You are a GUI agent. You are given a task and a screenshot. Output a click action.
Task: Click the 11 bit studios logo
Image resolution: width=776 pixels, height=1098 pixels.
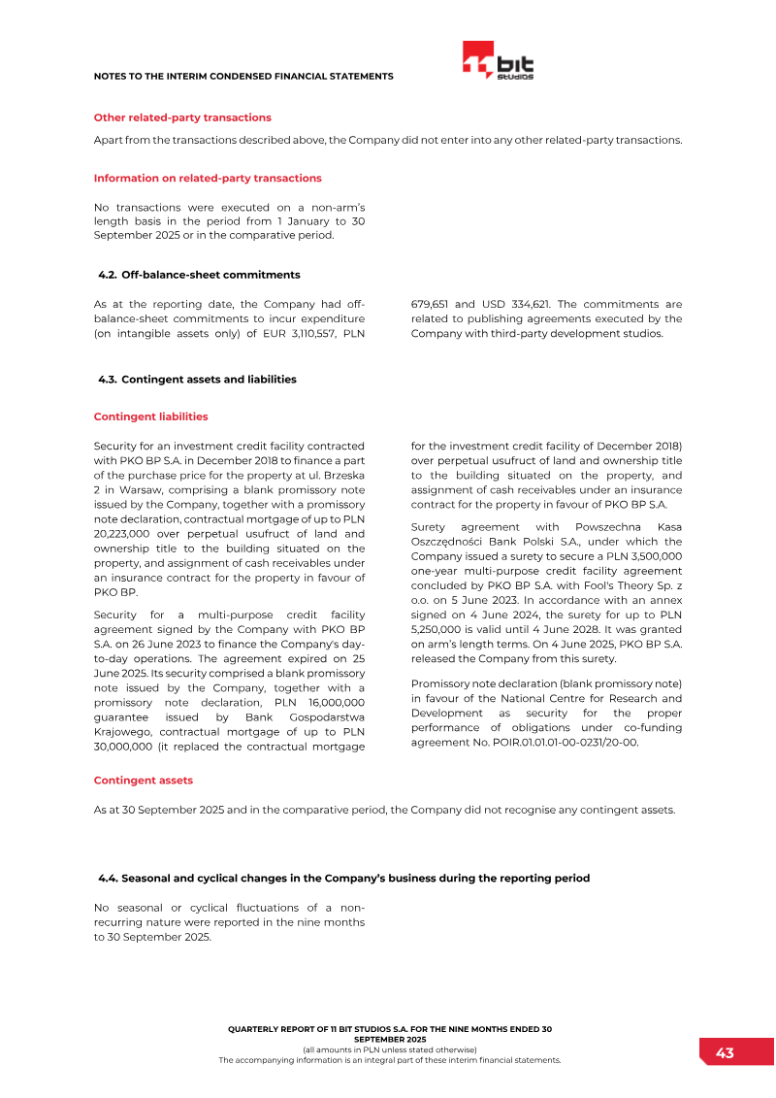coord(498,61)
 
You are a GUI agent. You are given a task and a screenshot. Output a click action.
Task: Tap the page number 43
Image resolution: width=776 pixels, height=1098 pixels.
coord(725,1052)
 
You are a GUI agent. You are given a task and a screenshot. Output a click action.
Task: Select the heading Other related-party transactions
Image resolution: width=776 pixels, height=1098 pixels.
coord(182,117)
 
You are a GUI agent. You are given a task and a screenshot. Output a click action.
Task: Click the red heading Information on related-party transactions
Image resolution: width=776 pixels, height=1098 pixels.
coord(208,179)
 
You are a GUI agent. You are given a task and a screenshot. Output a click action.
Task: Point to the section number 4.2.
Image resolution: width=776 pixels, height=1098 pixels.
coord(108,275)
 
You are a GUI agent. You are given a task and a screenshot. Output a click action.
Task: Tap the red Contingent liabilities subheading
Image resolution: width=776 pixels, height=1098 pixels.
coord(150,416)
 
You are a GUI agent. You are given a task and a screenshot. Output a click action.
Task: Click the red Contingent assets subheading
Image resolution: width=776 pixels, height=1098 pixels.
coord(143,780)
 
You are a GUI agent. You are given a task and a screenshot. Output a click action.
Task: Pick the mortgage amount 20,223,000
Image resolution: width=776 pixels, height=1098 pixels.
coord(120,533)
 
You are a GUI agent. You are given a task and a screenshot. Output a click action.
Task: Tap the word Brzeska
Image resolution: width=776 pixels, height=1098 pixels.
coord(342,475)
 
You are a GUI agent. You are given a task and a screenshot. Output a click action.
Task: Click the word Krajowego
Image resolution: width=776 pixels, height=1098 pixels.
coord(122,731)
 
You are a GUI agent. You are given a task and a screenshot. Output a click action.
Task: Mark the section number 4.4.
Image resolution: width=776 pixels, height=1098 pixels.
coord(108,878)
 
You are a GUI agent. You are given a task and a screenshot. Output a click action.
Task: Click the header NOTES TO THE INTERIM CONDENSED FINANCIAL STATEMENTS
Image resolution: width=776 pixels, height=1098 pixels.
coord(242,76)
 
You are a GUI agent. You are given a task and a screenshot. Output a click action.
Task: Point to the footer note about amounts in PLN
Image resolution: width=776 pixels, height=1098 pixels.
coord(389,1049)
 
